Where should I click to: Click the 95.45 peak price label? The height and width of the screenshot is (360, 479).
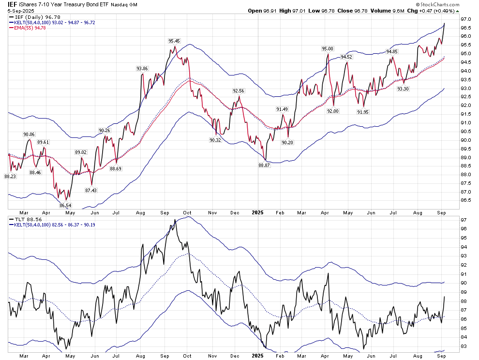point(174,41)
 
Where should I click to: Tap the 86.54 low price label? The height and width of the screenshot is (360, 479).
point(65,205)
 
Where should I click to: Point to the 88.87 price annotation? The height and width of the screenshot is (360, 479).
point(264,165)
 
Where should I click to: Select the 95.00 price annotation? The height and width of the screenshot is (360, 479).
point(328,49)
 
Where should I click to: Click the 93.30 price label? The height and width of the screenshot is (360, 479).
point(403,89)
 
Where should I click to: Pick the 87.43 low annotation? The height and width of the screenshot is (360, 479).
point(91,190)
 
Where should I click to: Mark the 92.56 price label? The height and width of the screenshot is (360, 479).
point(239,90)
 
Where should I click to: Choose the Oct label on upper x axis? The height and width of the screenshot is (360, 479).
point(187,212)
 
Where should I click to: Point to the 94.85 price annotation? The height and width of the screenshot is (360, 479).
point(392,51)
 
